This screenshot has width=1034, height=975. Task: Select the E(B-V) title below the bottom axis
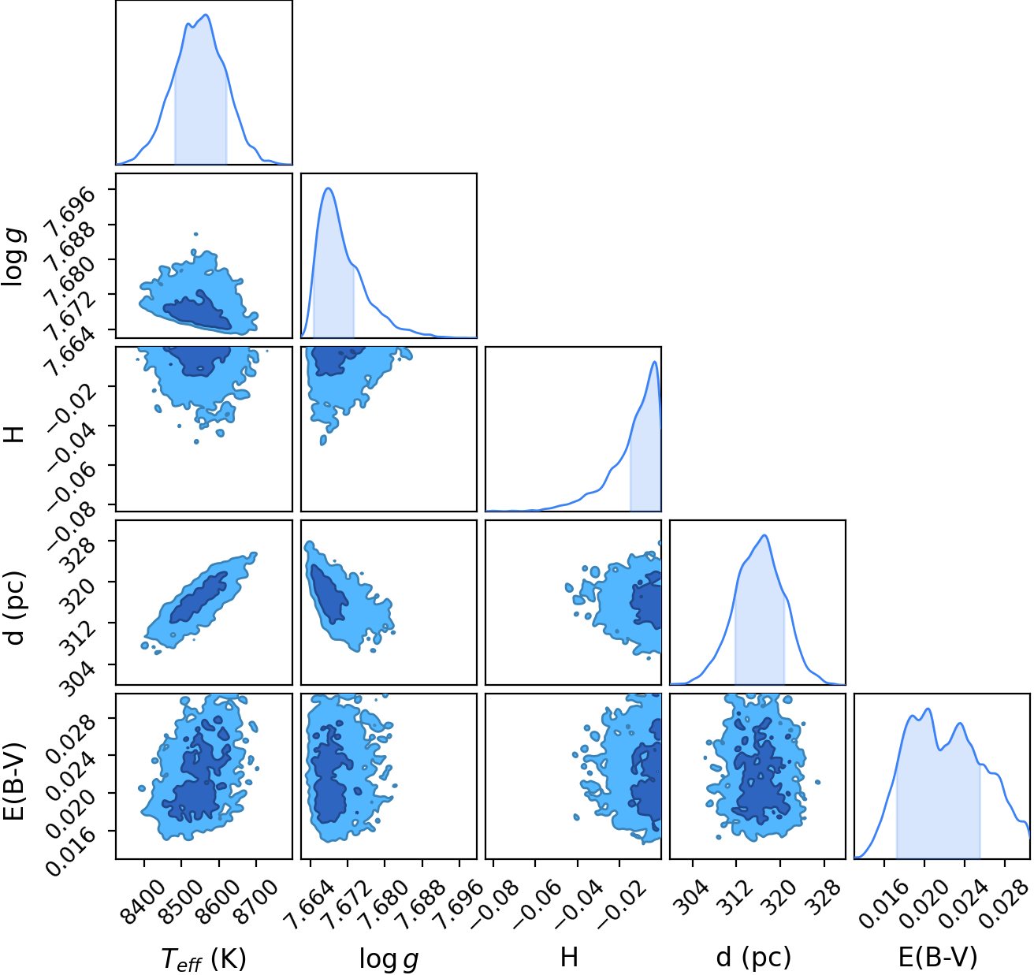pyautogui.click(x=938, y=956)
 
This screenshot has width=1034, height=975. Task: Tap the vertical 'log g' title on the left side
pyautogui.click(x=14, y=257)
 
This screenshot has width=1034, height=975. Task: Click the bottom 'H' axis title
pyautogui.click(x=569, y=956)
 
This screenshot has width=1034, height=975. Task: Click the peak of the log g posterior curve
pyautogui.click(x=328, y=188)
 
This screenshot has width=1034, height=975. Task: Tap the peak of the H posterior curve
pyautogui.click(x=655, y=362)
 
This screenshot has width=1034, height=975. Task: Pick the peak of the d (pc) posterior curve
pyautogui.click(x=764, y=535)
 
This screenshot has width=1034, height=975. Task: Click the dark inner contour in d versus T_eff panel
pyautogui.click(x=199, y=598)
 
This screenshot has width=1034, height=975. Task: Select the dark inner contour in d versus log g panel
pyautogui.click(x=328, y=594)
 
